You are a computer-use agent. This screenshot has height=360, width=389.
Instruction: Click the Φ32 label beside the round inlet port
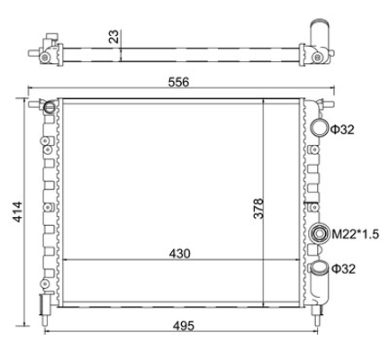pos(342,130)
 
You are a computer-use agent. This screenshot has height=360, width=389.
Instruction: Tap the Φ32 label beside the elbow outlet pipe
pos(342,268)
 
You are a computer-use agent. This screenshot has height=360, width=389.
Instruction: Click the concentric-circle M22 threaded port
pos(317,236)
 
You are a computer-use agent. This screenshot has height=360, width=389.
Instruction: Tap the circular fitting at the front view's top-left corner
pos(50,107)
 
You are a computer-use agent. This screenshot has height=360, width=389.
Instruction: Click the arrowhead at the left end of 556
pos(33,91)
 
